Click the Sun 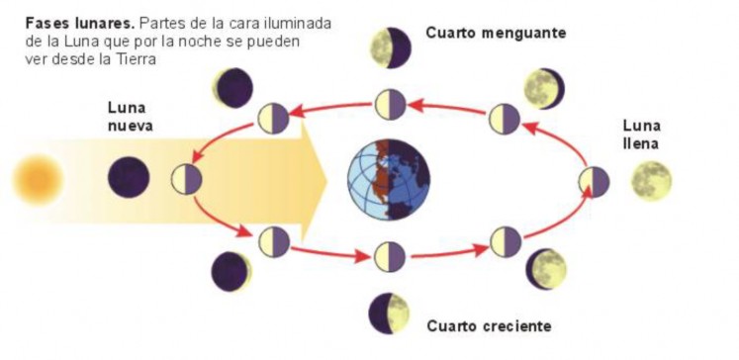point(38,181)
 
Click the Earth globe point(387,179)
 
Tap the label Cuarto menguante point(496,33)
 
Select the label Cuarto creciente point(489,324)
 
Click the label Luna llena point(641,135)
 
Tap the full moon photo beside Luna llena point(652,181)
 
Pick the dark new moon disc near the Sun point(129,179)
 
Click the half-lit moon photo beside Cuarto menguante point(390,46)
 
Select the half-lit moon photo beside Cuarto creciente point(389,314)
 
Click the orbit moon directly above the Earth point(390,103)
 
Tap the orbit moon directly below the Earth point(390,255)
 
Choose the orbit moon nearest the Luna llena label point(594,182)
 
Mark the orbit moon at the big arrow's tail point(187,179)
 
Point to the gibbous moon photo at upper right point(543,88)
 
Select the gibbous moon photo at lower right point(545,269)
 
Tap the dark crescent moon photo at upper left point(234,88)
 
